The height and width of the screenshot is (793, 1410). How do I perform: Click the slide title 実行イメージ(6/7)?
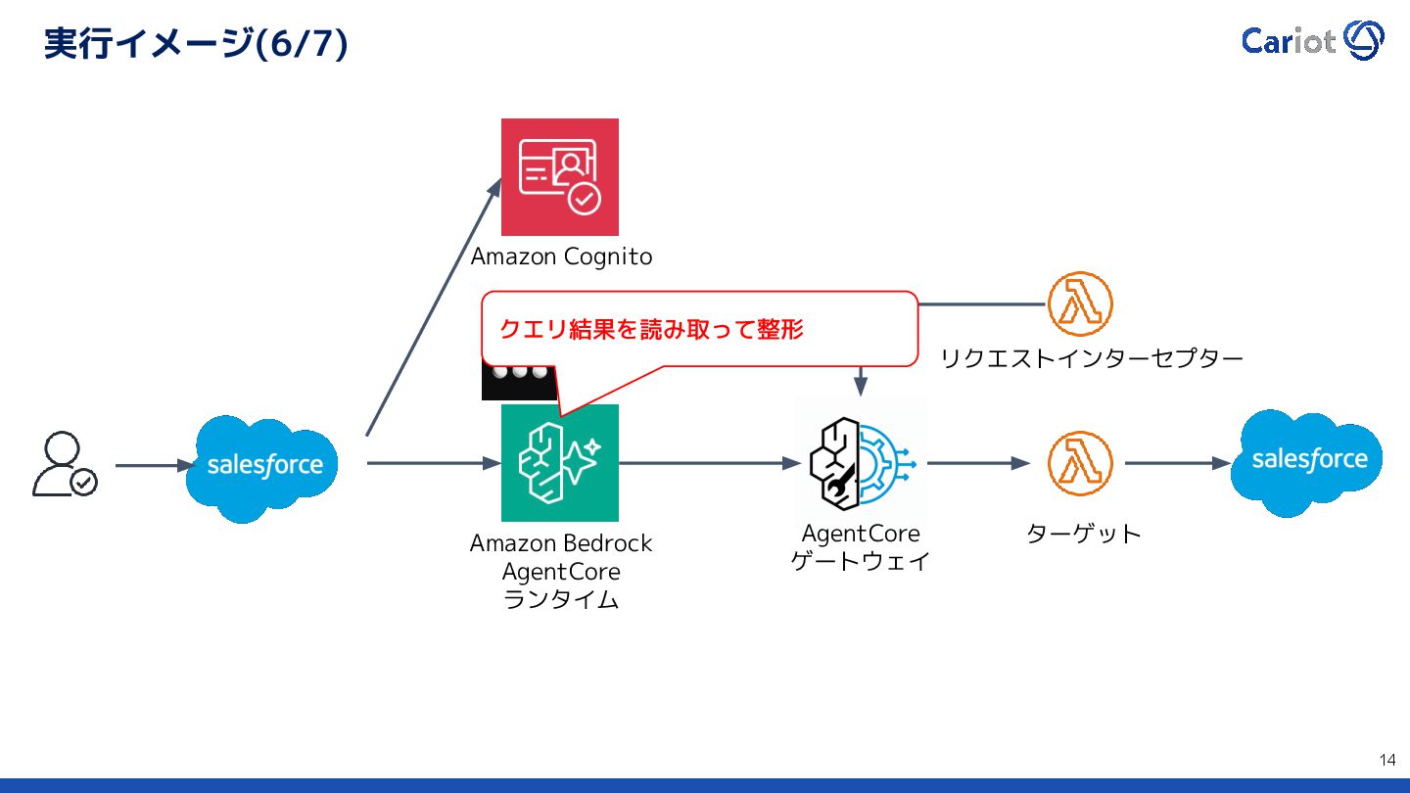pyautogui.click(x=196, y=44)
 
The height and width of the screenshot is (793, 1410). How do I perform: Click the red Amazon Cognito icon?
pyautogui.click(x=560, y=176)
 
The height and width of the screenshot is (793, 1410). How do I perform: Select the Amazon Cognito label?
pyautogui.click(x=561, y=257)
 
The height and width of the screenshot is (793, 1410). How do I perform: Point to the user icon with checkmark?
pyautogui.click(x=64, y=464)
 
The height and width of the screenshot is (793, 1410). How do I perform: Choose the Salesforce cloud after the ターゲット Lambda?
pyautogui.click(x=1307, y=461)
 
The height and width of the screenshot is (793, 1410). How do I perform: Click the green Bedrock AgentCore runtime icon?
pyautogui.click(x=560, y=463)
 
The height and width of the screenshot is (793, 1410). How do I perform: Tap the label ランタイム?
pyautogui.click(x=560, y=600)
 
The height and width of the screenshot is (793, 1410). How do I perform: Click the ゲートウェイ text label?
pyautogui.click(x=861, y=562)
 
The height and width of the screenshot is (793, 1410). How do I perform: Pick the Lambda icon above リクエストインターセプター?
pyautogui.click(x=1080, y=303)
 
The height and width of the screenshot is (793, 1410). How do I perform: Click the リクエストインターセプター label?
pyautogui.click(x=1091, y=358)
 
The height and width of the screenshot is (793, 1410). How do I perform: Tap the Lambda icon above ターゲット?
pyautogui.click(x=1080, y=463)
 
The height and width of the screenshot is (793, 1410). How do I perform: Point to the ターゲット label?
pyautogui.click(x=1083, y=535)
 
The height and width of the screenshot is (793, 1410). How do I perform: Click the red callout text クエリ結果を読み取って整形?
pyautogui.click(x=651, y=330)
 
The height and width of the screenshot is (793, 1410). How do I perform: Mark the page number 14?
pyautogui.click(x=1386, y=760)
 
